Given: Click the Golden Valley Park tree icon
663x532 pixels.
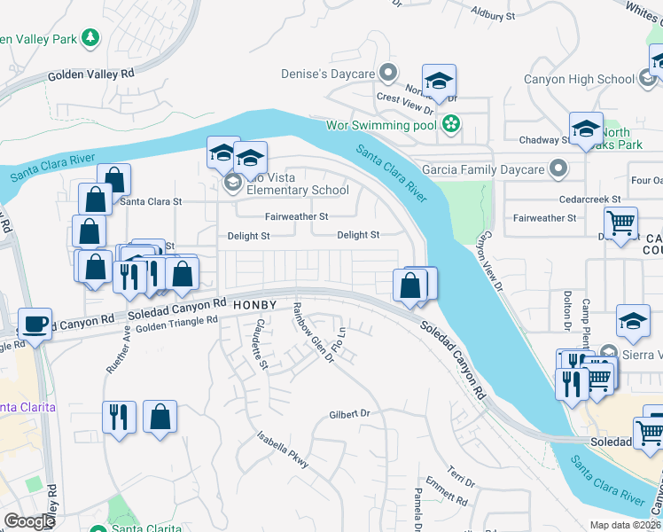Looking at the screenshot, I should [90, 37].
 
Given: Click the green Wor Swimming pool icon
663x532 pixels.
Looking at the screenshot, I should [451, 125].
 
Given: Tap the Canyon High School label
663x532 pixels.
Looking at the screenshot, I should [580, 79].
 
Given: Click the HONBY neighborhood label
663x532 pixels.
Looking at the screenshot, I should [258, 305].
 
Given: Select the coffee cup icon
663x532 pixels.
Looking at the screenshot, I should [35, 324].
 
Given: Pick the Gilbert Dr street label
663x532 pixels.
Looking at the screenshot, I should [348, 413].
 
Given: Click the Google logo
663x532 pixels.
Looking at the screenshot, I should [29, 520].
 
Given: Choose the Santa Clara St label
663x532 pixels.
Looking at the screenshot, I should [151, 201].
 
